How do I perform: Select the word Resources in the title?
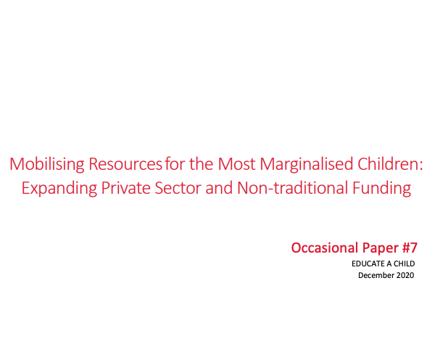coord(125,163)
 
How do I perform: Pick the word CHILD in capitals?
coord(404,264)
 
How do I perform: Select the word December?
coord(375,275)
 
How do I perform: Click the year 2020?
coord(405,275)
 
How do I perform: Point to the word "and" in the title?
coord(218,189)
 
